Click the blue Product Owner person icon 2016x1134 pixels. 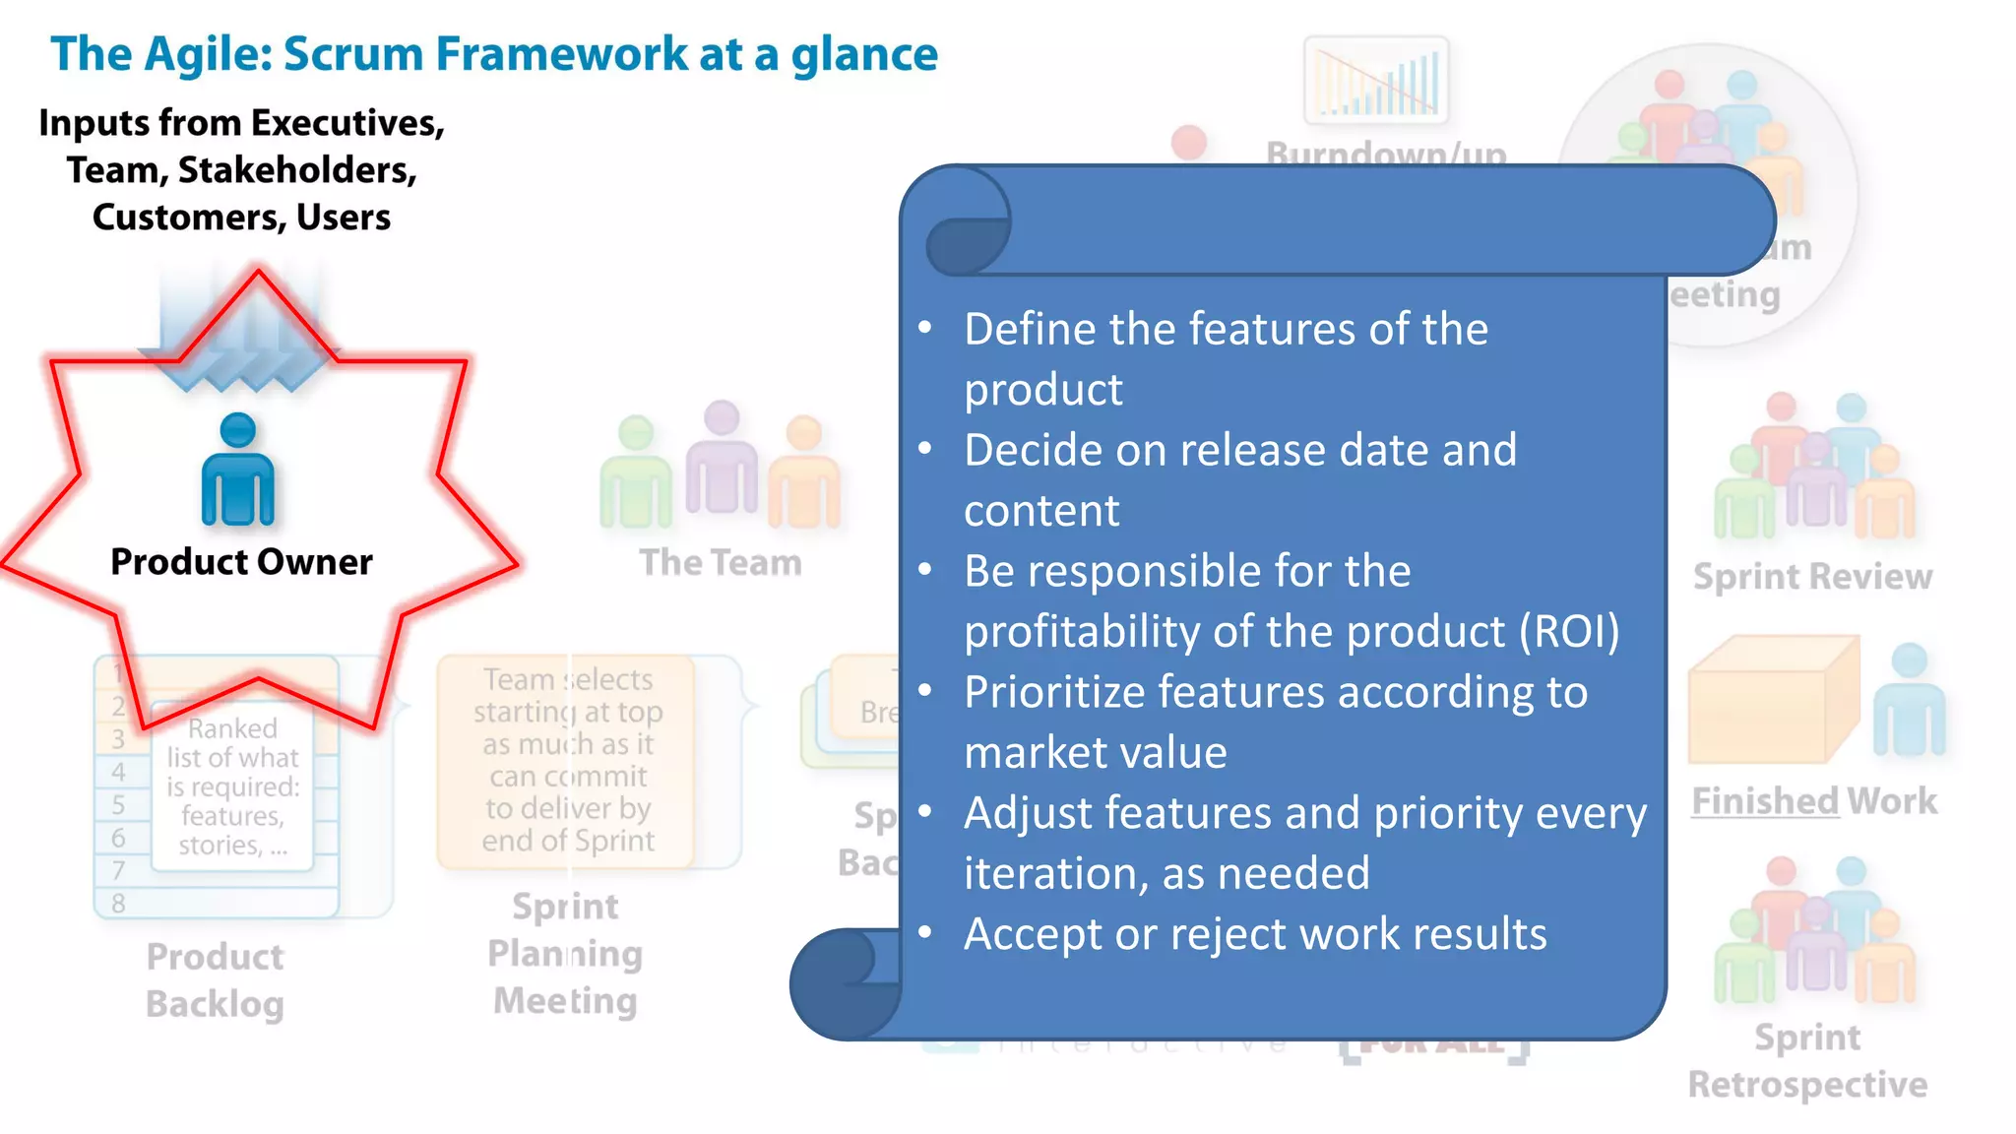237,470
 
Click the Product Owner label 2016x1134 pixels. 241,562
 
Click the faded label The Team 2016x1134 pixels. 720,563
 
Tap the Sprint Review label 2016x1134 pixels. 1812,577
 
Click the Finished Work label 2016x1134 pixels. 1813,801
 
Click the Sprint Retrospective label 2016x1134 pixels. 1807,1061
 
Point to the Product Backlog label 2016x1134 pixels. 215,980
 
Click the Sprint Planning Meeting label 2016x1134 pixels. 565,953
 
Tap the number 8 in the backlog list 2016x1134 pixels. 118,903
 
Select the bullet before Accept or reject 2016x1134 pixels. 924,931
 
